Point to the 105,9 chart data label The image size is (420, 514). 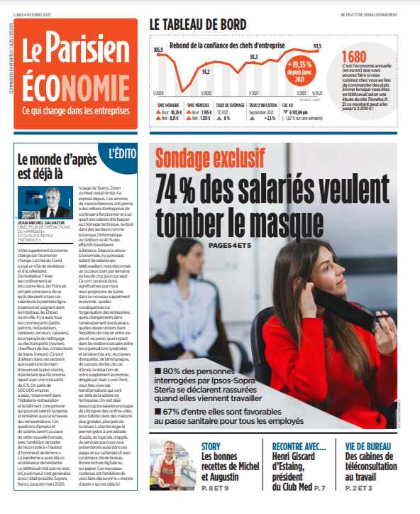click(158, 50)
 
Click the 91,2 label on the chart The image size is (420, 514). click(206, 71)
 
